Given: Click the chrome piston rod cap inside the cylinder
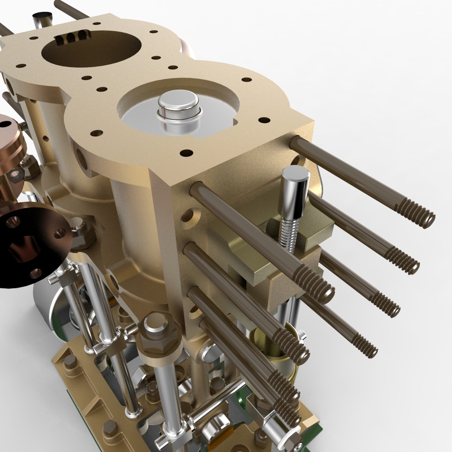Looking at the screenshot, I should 179,107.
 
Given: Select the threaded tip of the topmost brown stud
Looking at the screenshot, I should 421,217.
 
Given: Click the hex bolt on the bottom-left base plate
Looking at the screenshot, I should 70,362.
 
